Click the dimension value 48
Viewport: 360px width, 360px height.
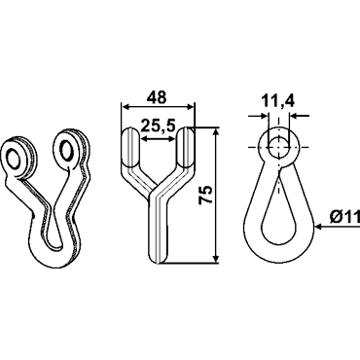point(157,97)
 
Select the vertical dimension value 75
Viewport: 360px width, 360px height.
point(206,195)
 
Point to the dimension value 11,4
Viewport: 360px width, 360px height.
point(278,101)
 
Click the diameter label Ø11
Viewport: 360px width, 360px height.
point(345,217)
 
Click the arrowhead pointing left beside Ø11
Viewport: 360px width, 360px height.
point(318,227)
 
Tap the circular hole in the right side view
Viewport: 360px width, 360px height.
point(278,147)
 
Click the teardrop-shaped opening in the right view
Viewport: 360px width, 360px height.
point(278,211)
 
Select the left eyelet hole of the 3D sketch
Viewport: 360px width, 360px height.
point(14,160)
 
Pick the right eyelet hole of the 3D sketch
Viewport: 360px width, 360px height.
point(66,151)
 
